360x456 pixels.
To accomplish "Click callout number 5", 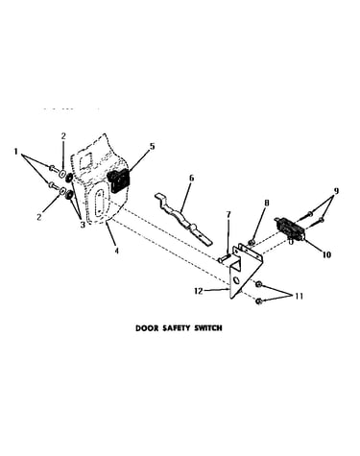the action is tap(152, 147).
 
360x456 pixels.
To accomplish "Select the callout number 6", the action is tap(191, 178).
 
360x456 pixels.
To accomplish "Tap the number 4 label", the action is tap(116, 251).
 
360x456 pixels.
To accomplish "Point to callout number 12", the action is tap(199, 291).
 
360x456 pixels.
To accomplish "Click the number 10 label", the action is tap(326, 255).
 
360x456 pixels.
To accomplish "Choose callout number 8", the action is tap(267, 203).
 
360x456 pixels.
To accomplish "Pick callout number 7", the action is tap(228, 215).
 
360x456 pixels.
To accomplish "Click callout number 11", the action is tap(299, 297).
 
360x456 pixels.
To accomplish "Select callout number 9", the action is tap(336, 191).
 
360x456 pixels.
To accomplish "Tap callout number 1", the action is tap(15, 152).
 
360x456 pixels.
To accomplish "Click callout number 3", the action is tap(83, 225).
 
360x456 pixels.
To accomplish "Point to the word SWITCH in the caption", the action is tap(208, 328).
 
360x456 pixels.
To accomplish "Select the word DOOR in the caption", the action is tap(144, 328).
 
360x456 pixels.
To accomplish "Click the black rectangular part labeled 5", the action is tap(118, 180).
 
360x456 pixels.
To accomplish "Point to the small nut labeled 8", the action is tap(252, 241).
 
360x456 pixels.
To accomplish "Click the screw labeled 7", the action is tap(226, 258).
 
